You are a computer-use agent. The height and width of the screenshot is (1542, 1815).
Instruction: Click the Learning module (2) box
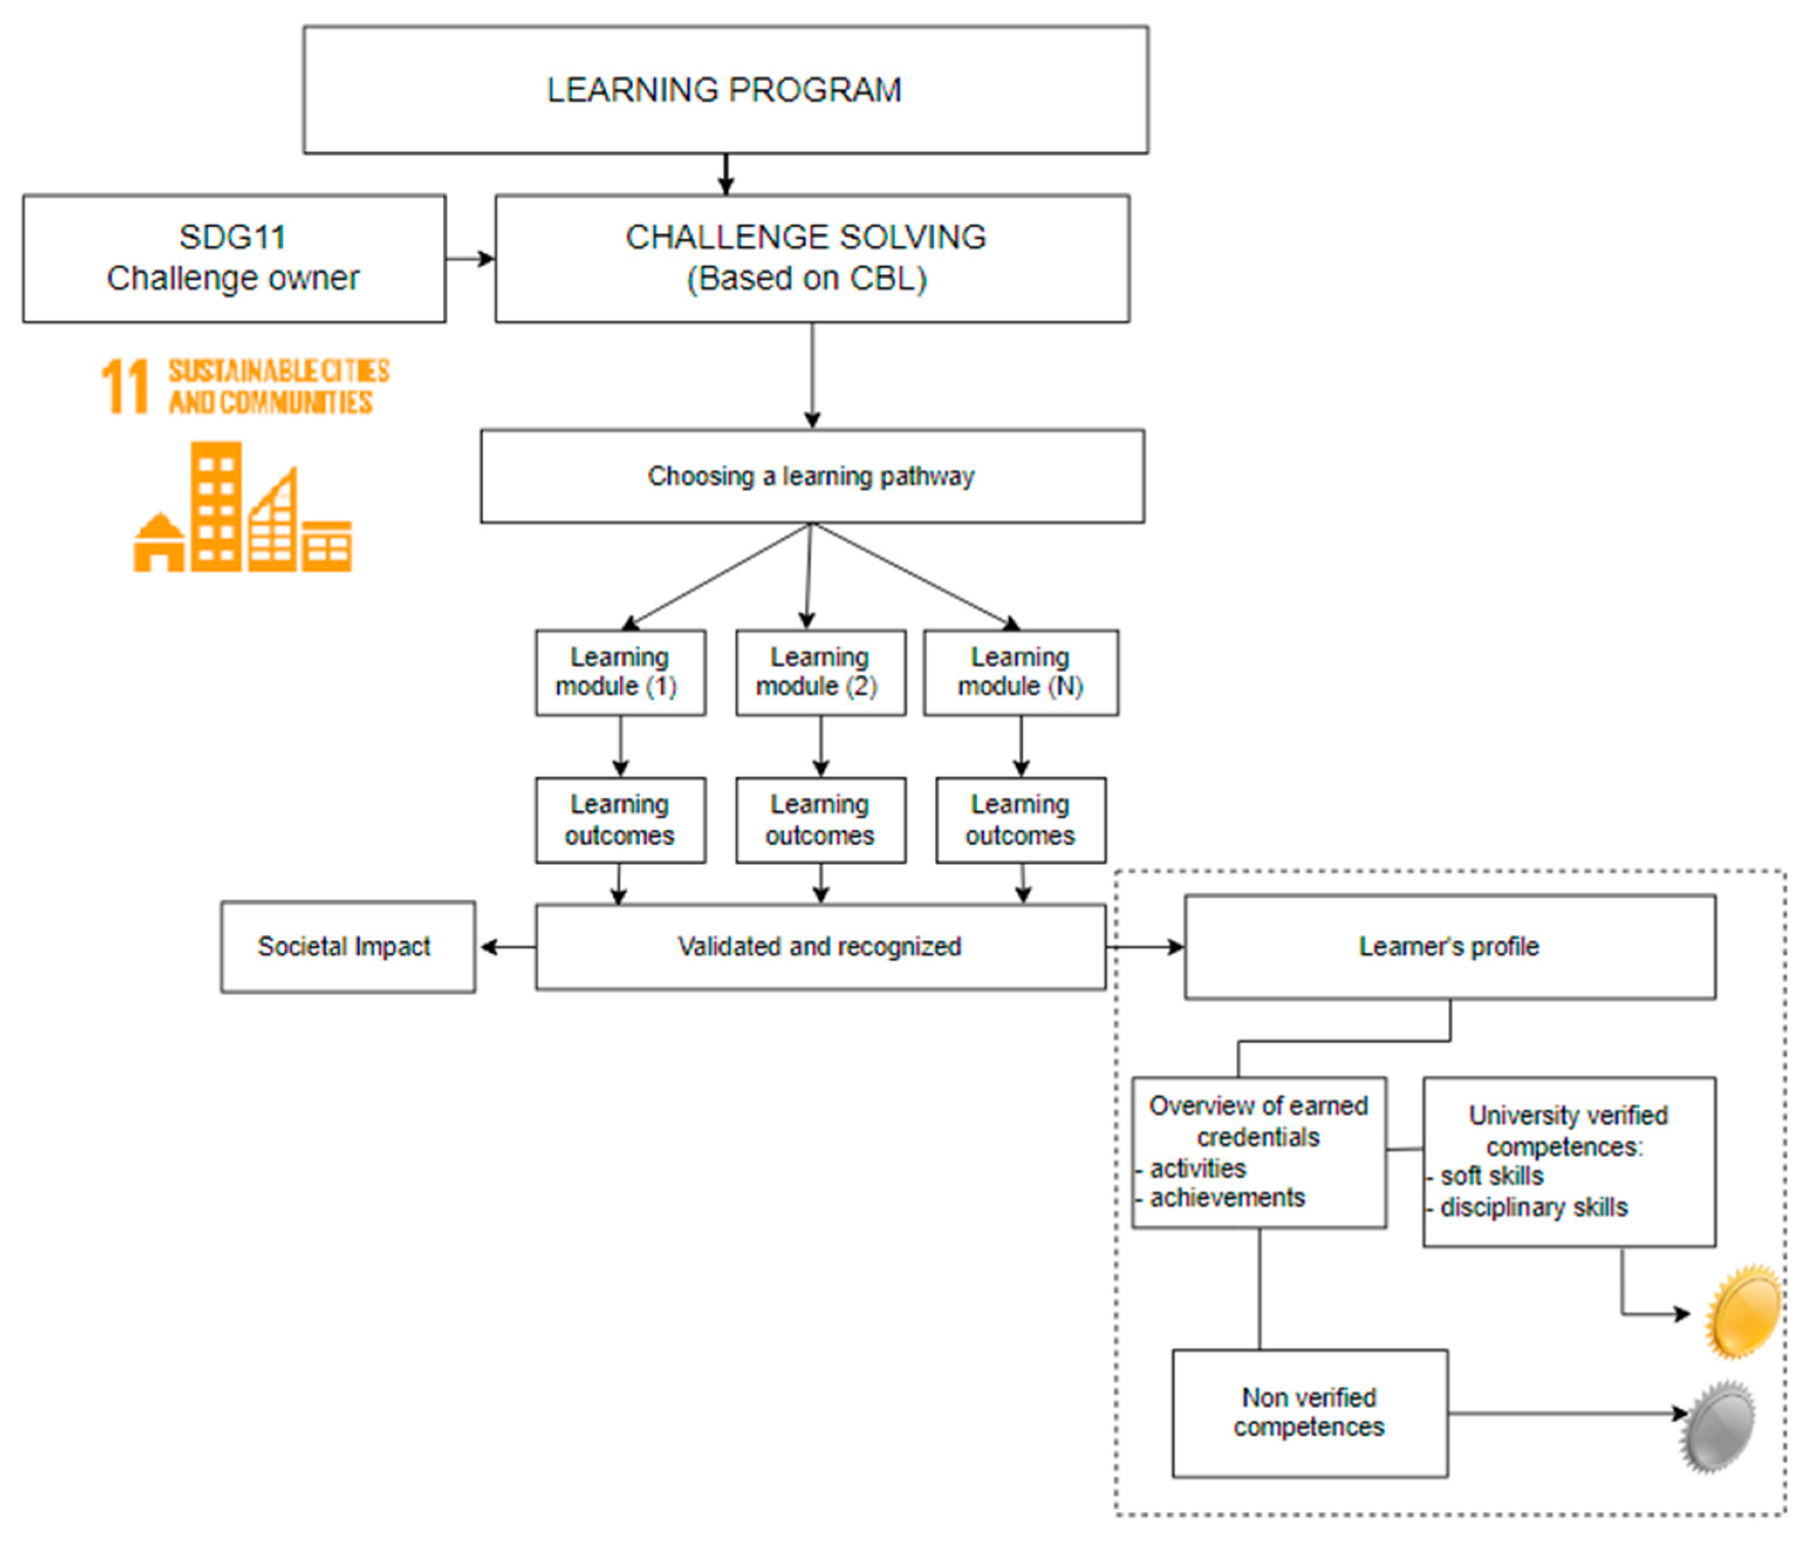point(820,672)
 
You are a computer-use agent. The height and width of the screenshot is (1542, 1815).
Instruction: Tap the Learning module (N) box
point(1020,672)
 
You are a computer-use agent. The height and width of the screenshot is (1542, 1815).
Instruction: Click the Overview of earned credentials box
point(1258,1151)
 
